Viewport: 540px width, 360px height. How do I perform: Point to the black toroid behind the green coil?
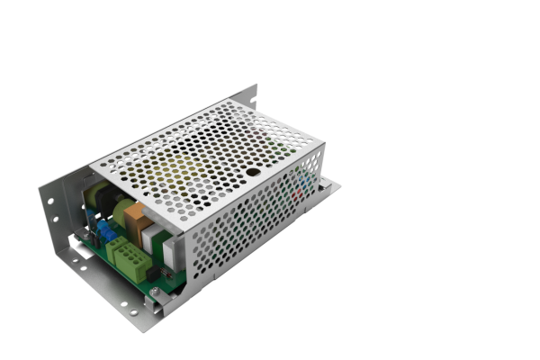point(102,200)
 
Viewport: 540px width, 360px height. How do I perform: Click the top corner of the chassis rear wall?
point(255,87)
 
